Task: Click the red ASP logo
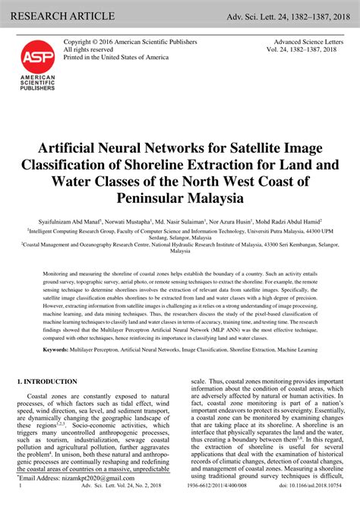[x=33, y=55]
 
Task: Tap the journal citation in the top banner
[x=293, y=16]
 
